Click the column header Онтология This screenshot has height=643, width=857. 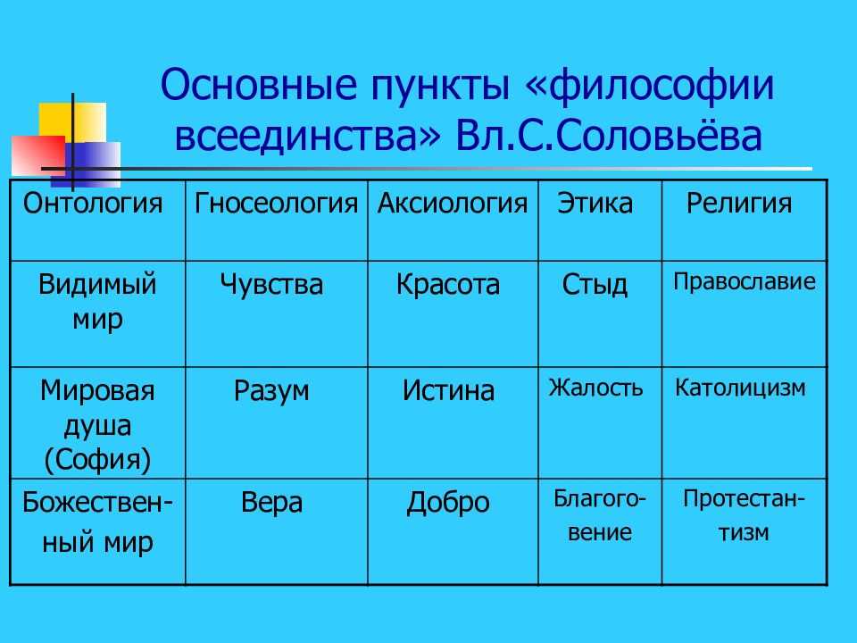(93, 204)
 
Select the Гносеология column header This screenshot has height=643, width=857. (276, 204)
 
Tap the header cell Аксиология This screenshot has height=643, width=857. (452, 204)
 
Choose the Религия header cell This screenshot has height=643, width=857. (739, 204)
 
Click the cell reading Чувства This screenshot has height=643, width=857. (271, 286)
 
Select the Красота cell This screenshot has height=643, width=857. (448, 286)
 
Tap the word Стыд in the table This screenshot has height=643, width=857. (595, 286)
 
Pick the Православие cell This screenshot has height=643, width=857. (745, 282)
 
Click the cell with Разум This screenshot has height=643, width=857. (271, 390)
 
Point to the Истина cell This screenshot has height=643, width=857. (448, 390)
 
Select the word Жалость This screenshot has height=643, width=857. (595, 388)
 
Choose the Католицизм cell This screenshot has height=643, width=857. (740, 388)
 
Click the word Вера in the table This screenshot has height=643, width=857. (271, 502)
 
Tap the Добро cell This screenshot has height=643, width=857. (448, 502)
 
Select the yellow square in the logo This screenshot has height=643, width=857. (71, 121)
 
